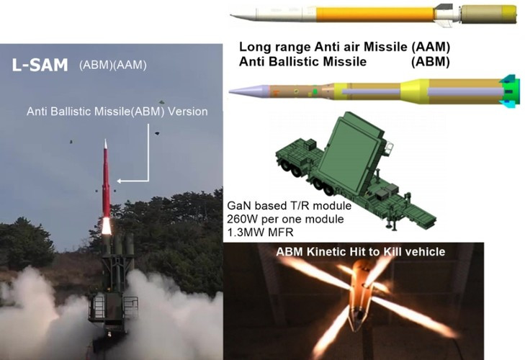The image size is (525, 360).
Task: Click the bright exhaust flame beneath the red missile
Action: click(x=107, y=225)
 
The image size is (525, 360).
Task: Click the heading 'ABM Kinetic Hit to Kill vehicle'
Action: click(x=361, y=251)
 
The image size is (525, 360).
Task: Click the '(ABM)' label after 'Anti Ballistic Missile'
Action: click(x=430, y=61)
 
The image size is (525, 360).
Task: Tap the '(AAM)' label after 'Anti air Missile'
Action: click(x=430, y=47)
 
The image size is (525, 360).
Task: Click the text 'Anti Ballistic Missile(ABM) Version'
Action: click(x=117, y=112)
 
